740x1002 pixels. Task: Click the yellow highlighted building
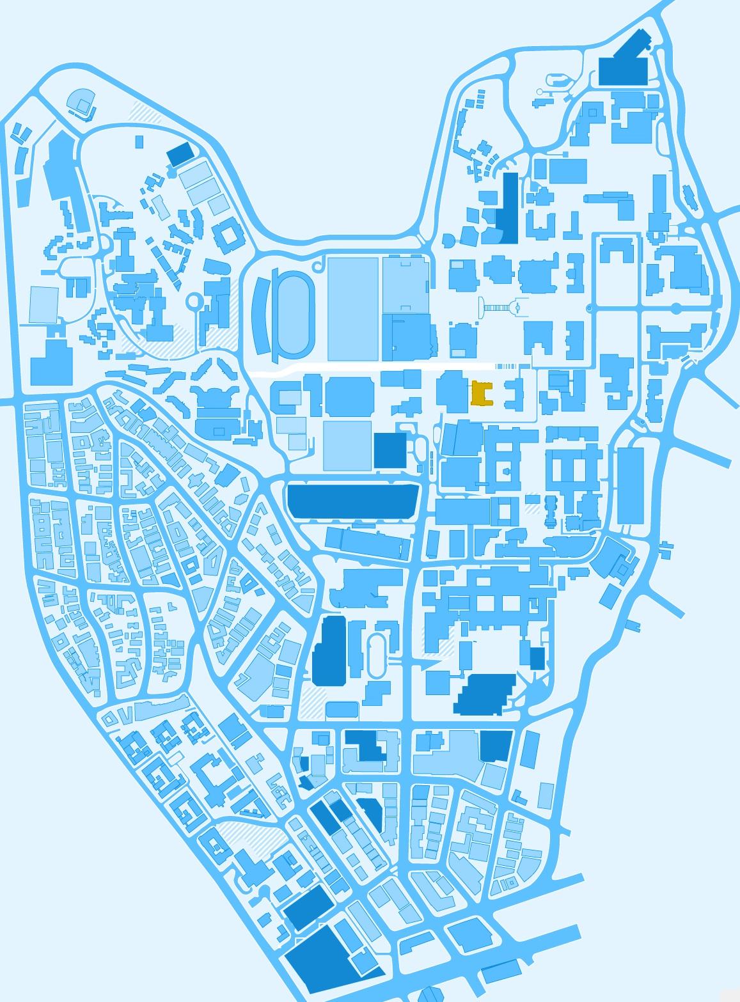pyautogui.click(x=481, y=393)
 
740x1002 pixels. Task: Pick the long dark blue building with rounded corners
pyautogui.click(x=352, y=501)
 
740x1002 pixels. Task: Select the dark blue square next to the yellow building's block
pyautogui.click(x=390, y=450)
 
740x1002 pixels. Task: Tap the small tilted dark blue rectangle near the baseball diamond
pyautogui.click(x=180, y=154)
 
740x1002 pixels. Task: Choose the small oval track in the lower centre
pyautogui.click(x=377, y=655)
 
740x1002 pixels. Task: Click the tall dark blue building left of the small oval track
pyautogui.click(x=329, y=650)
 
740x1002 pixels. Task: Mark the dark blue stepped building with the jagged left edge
pyautogui.click(x=486, y=694)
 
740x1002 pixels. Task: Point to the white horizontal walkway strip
pyautogui.click(x=371, y=369)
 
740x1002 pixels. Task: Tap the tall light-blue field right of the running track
pyautogui.click(x=353, y=308)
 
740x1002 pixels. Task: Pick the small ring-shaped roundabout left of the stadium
pyautogui.click(x=194, y=301)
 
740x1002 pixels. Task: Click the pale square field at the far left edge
pyautogui.click(x=43, y=304)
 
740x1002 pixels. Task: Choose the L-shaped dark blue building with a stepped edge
pyautogui.click(x=369, y=745)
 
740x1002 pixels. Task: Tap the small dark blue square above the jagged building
pyautogui.click(x=537, y=658)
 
